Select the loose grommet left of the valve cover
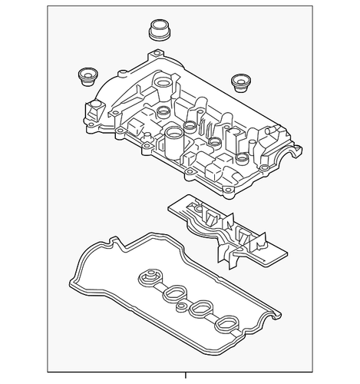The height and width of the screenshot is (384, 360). [87, 77]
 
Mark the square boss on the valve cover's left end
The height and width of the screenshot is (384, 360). [95, 108]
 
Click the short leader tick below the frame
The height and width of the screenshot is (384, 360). [180, 378]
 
